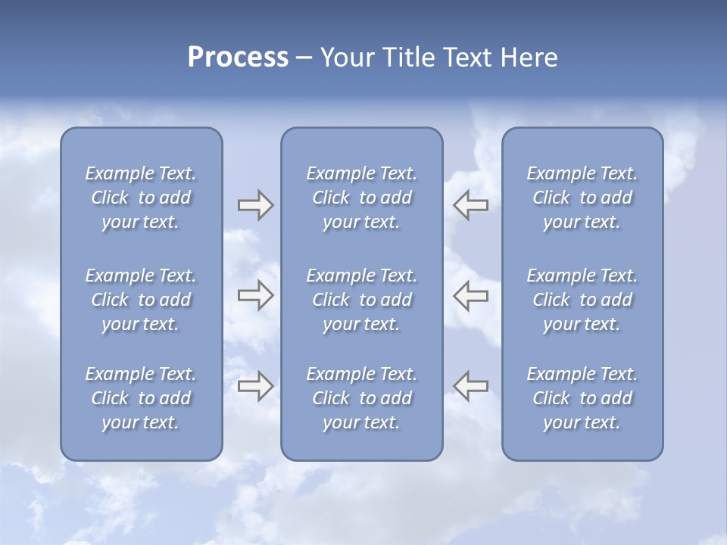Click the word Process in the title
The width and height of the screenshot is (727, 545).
[238, 58]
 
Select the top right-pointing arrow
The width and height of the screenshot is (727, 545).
[255, 205]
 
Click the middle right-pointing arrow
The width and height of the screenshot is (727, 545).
[255, 295]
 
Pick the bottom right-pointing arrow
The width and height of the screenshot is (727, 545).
[255, 386]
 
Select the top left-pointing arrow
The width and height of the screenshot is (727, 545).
[471, 205]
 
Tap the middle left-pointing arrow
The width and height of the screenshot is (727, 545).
[471, 295]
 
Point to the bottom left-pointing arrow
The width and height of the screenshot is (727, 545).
[471, 386]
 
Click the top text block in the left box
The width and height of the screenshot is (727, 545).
[141, 198]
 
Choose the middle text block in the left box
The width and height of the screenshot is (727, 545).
[141, 300]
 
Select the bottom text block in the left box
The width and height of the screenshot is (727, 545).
[141, 398]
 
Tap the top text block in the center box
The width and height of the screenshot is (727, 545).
[361, 198]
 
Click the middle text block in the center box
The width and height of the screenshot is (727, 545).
[361, 300]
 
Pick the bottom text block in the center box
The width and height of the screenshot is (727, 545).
[361, 398]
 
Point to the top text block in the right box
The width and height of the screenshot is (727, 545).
[582, 198]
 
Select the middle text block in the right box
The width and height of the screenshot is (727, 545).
[582, 300]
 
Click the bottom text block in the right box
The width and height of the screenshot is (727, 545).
[582, 398]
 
